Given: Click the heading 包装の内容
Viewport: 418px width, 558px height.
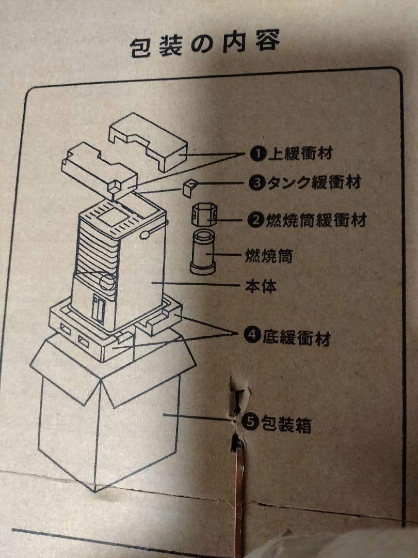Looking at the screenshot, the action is [x=205, y=44].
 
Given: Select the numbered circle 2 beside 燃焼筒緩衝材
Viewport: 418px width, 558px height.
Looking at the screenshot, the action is [x=256, y=220].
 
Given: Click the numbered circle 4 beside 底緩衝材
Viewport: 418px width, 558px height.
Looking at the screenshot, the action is [x=252, y=334].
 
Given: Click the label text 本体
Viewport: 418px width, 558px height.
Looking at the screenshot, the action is [x=261, y=286].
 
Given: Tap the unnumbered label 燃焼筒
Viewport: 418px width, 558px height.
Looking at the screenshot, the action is [x=269, y=255].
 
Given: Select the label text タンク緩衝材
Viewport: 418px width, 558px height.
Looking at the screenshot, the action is [x=315, y=182].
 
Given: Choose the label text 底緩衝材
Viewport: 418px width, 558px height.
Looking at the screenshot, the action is [x=296, y=337].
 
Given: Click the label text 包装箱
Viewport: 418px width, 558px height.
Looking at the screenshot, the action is [x=286, y=424].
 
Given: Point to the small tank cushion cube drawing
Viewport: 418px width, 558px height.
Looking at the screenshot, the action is [x=189, y=188].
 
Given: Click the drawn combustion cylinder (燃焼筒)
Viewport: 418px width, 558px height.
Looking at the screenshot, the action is [x=202, y=252].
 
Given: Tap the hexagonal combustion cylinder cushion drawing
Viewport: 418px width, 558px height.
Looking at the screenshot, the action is [x=204, y=215].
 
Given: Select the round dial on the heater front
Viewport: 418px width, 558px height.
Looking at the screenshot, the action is [x=107, y=281].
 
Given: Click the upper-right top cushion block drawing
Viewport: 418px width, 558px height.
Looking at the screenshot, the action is [x=148, y=141].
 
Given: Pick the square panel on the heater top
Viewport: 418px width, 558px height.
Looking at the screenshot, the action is [x=113, y=216].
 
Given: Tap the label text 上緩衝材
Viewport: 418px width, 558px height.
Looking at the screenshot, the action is [x=301, y=153].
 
